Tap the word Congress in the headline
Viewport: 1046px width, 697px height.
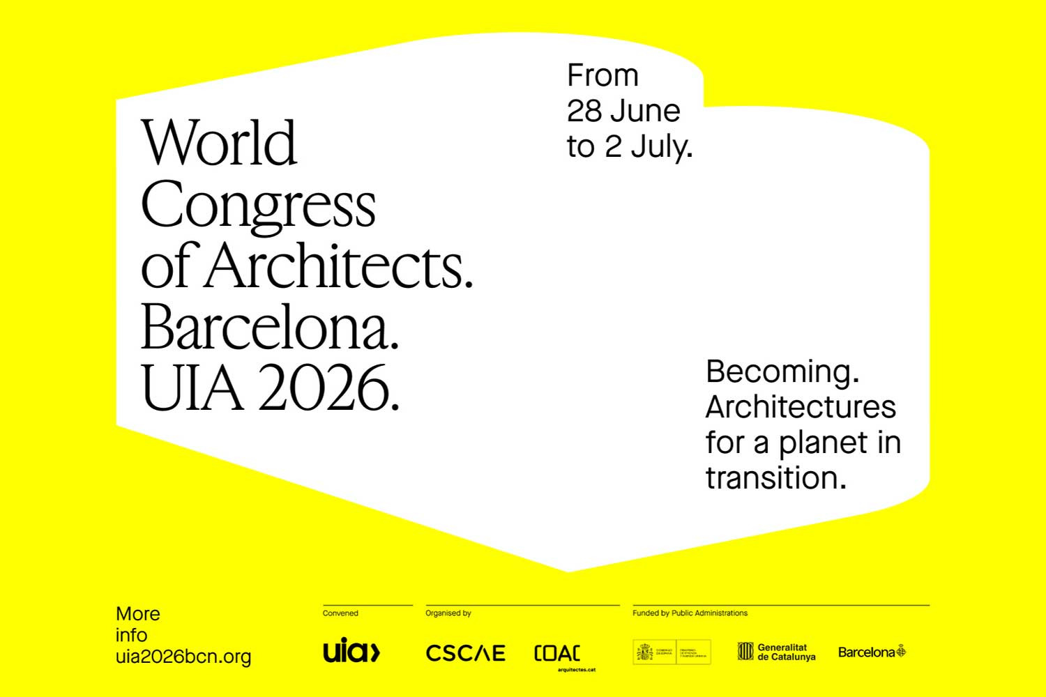click(x=258, y=205)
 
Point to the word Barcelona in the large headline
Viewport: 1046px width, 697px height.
click(x=270, y=328)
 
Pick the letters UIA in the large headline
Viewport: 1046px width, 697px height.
click(x=192, y=388)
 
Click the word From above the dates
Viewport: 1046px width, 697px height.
click(x=602, y=75)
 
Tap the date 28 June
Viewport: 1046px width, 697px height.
click(x=623, y=111)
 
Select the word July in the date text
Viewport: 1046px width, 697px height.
click(x=662, y=147)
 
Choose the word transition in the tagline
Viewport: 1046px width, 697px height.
click(x=775, y=478)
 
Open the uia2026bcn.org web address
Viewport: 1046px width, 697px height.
click(x=183, y=657)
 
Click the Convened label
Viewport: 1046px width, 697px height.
click(x=340, y=613)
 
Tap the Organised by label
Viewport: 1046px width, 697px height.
click(x=448, y=613)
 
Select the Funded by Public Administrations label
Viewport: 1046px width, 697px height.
click(x=690, y=613)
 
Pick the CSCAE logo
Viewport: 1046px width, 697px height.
click(x=465, y=653)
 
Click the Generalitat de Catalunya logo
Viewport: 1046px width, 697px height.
click(x=776, y=652)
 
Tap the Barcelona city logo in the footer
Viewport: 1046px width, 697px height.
click(x=872, y=652)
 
